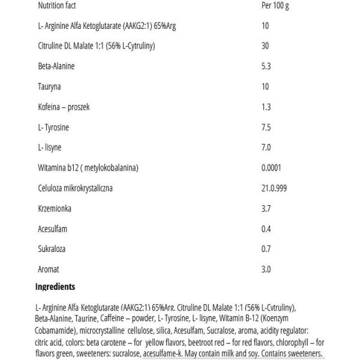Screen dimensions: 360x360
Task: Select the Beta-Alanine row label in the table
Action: (x=56, y=66)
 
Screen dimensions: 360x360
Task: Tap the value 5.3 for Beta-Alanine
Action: (x=265, y=66)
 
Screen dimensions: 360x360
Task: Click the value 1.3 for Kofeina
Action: (x=265, y=107)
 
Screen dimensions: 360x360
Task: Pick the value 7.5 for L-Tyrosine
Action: (x=265, y=127)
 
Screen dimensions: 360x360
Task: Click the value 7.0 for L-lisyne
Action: (x=265, y=148)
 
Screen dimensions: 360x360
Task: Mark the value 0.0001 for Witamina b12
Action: (x=271, y=168)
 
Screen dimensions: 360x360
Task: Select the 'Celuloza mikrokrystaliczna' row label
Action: (x=75, y=189)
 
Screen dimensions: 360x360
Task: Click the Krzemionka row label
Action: (x=54, y=209)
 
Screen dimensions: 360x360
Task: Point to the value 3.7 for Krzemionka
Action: (x=265, y=209)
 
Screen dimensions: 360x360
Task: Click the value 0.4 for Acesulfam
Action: (x=265, y=229)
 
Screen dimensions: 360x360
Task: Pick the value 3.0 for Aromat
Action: (x=265, y=270)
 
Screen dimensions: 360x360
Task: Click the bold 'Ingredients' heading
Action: (x=55, y=286)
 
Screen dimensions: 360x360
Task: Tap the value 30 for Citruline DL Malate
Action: (x=265, y=46)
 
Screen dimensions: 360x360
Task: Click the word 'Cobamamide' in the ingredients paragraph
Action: (x=52, y=333)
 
